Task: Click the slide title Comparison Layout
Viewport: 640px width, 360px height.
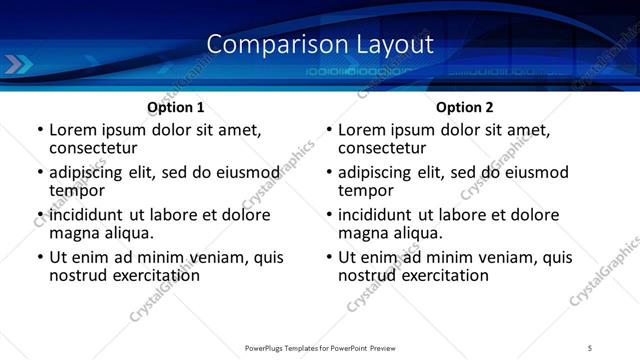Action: point(320,44)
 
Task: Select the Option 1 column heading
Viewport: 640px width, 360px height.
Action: point(176,106)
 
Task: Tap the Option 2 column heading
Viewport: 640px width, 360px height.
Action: point(465,106)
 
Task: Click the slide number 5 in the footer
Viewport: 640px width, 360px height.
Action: point(590,347)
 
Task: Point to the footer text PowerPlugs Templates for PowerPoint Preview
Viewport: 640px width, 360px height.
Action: point(319,347)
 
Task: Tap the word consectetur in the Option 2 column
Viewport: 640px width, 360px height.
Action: point(387,148)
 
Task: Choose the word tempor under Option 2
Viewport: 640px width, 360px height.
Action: point(366,191)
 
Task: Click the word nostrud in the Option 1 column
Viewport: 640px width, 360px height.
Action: point(77,275)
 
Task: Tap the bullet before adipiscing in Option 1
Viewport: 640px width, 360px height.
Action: point(40,173)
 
